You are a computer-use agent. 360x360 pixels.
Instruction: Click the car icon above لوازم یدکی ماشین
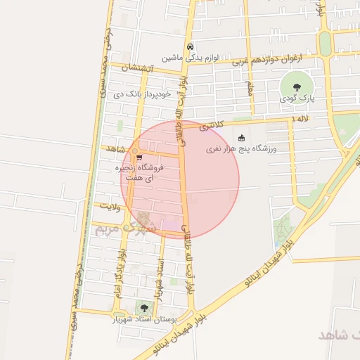189,46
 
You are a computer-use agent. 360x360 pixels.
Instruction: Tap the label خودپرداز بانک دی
146,94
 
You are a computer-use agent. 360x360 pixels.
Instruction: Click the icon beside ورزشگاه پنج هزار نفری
243,138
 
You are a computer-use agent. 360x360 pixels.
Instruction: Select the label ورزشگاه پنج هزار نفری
242,149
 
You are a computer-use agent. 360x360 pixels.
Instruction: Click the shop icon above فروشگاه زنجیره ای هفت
139,157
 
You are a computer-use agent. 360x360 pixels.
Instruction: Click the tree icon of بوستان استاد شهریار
144,308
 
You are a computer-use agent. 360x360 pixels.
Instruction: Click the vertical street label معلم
248,89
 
